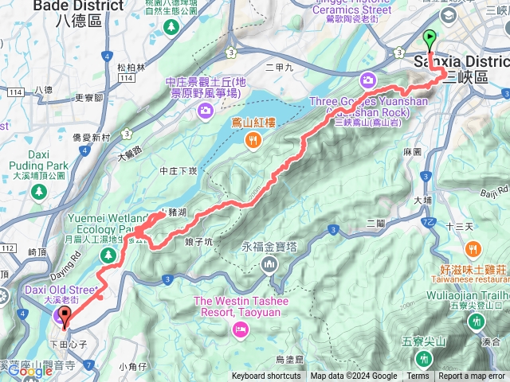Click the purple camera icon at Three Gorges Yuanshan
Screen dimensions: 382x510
point(368,79)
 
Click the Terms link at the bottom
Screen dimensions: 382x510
point(418,376)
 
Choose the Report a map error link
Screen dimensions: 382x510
point(472,376)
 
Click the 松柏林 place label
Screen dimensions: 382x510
point(131,68)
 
